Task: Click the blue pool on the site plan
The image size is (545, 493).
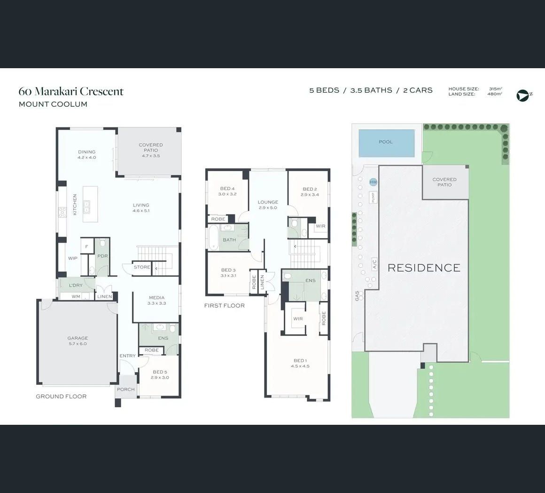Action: point(387,143)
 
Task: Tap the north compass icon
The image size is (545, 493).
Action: point(522,95)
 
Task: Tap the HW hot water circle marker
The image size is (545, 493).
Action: point(374,182)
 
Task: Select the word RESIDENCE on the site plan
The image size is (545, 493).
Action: point(424,268)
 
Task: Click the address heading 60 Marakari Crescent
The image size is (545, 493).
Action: point(71,91)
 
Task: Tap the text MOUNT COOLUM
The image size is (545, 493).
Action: point(53,104)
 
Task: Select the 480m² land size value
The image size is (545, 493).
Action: point(495,94)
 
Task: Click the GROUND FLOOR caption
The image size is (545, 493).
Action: point(61,397)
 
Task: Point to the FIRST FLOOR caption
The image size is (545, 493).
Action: point(224,306)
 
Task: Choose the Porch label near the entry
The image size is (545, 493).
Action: point(125,390)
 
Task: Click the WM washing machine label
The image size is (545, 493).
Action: point(76,296)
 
